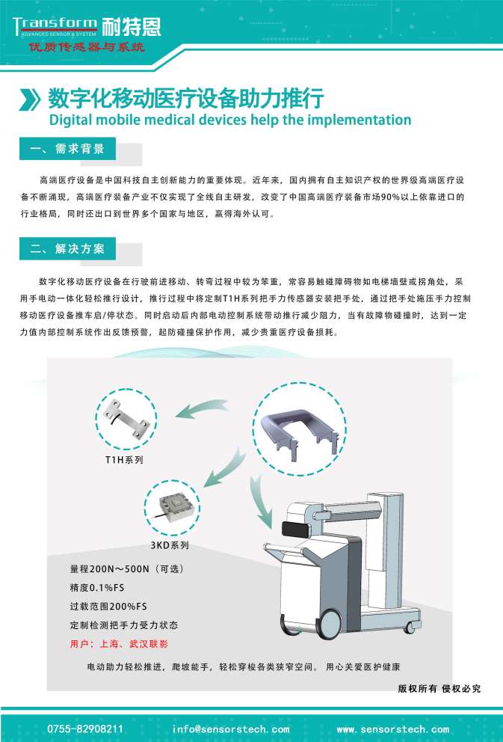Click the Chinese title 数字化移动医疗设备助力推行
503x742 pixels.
click(x=185, y=98)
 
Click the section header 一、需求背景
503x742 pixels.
click(x=68, y=149)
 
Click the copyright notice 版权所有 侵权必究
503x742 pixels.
click(x=439, y=688)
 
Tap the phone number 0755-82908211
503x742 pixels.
click(x=85, y=729)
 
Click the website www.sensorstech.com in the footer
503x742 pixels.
click(x=393, y=729)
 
